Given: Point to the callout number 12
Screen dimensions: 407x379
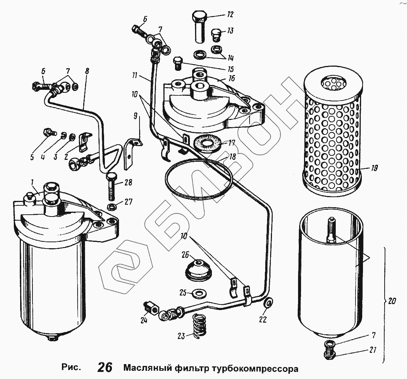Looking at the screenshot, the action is coord(229,15).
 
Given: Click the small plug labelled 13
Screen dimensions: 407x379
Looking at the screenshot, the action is coord(216,35).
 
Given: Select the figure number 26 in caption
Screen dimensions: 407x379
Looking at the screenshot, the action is coord(105,367).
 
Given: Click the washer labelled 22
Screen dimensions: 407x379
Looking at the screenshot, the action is coord(268,303).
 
